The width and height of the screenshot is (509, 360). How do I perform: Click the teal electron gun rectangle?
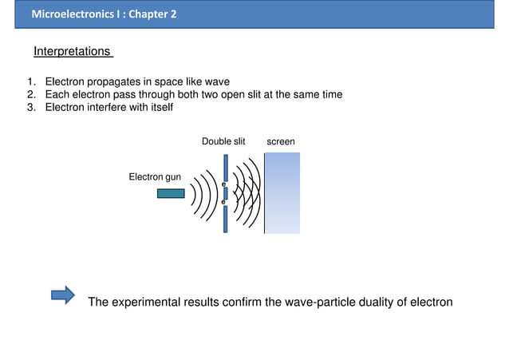coord(171,193)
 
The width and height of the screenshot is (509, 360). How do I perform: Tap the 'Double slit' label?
coord(223,141)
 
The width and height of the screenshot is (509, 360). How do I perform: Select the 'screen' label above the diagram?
coord(281,141)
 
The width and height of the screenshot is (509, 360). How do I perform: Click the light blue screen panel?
coord(282,193)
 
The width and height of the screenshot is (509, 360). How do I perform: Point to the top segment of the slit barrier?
coord(226,166)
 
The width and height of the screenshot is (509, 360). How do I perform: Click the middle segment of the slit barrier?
coord(226,193)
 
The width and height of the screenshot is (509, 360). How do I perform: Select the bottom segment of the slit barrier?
coord(226,219)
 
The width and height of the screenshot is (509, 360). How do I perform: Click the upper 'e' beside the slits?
coord(223,184)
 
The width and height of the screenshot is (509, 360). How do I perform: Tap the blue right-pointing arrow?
coord(62,296)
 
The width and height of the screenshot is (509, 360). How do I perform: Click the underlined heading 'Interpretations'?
coord(71,52)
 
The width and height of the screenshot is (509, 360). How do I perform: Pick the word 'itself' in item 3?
coord(159,108)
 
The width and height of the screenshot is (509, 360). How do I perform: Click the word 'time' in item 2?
coord(330,95)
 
